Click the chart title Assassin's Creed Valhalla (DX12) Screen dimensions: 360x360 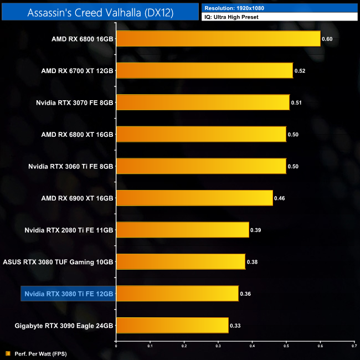(100, 12)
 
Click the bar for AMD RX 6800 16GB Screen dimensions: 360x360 (218, 39)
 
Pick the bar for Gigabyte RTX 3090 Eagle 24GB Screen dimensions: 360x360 (172, 325)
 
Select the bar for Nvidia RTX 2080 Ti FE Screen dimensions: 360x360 (183, 229)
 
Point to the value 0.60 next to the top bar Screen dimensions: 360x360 (327, 39)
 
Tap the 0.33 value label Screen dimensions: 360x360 (236, 325)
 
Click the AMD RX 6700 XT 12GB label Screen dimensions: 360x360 (77, 71)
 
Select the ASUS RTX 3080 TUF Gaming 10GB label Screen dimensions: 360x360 (58, 261)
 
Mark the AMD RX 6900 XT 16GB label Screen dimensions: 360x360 (77, 198)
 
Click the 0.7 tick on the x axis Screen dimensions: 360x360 (354, 346)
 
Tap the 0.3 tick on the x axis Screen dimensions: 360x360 (218, 346)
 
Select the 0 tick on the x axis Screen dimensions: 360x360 (116, 346)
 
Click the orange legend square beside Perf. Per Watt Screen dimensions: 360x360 (8, 353)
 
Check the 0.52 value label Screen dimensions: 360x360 (300, 71)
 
